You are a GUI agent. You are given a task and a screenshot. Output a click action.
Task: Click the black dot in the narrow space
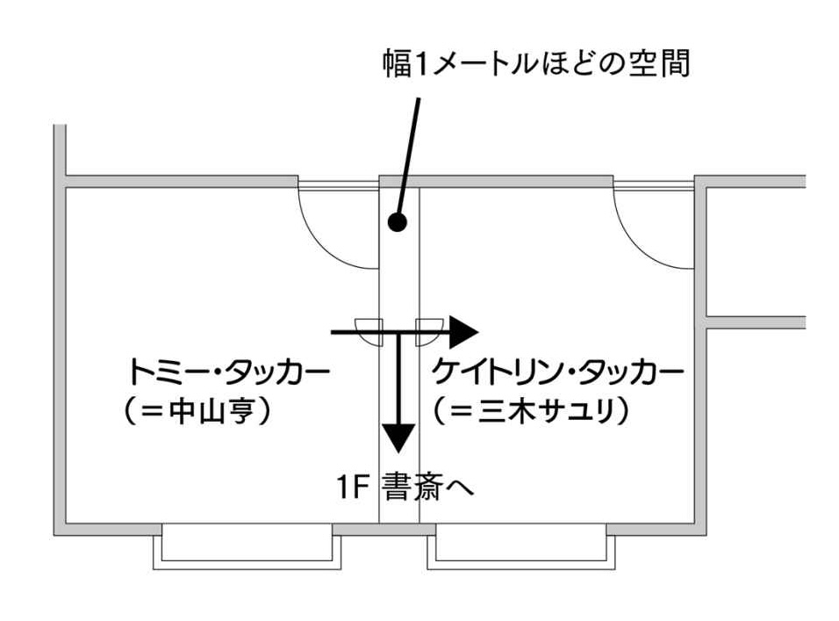pos(398,222)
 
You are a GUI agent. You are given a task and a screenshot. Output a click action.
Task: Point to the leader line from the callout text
pos(409,149)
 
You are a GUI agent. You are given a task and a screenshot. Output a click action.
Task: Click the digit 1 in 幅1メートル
pos(419,63)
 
